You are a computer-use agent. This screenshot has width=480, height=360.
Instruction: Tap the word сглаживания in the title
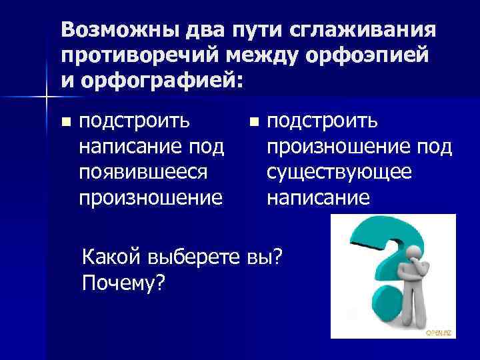click(x=360, y=31)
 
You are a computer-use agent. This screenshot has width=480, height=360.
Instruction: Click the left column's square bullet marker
click(x=65, y=122)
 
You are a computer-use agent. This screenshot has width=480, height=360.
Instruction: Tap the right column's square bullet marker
click(x=252, y=122)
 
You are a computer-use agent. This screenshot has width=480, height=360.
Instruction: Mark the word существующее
click(x=339, y=171)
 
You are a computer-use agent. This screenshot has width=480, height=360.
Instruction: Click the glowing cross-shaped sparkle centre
click(x=46, y=99)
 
